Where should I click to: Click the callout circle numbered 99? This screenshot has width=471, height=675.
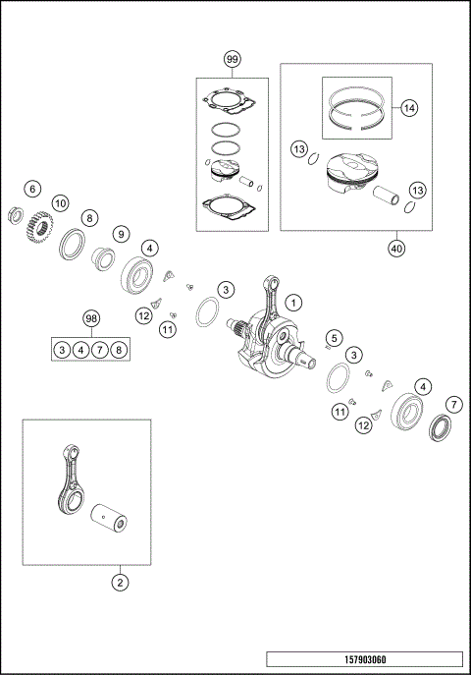pos(232,59)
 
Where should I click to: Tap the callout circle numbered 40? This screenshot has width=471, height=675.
pos(395,249)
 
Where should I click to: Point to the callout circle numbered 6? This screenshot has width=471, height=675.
pos(32,188)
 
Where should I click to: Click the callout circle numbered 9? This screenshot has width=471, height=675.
pos(121,234)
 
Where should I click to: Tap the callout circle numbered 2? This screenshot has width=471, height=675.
pos(120,583)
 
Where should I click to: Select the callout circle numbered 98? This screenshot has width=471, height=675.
pos(90,319)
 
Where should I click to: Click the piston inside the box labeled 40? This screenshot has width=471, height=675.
pos(347,178)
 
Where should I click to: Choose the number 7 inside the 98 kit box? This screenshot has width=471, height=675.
pos(101,349)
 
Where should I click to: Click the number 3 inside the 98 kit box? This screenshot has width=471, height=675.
pos(62,349)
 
